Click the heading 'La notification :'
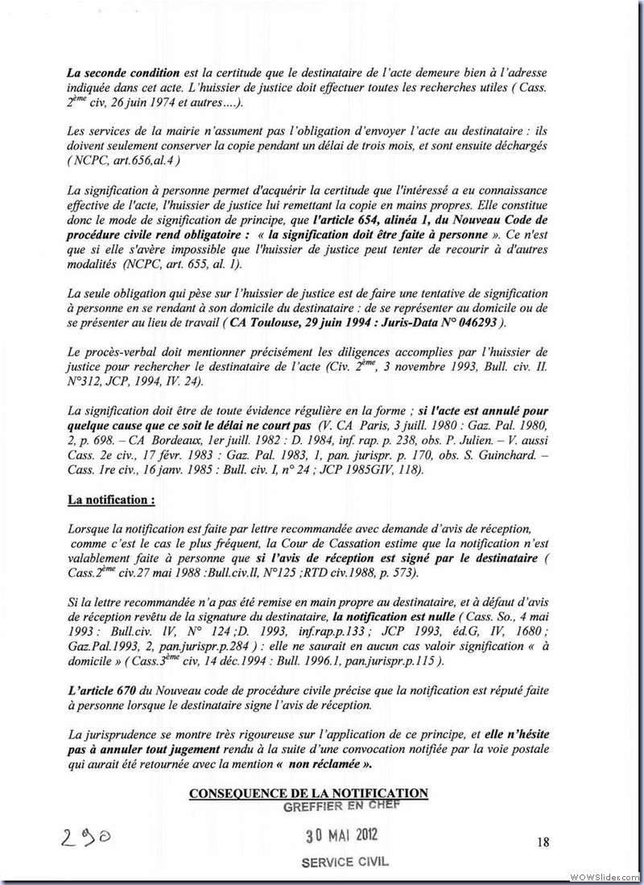[111, 500]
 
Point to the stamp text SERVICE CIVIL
[345, 861]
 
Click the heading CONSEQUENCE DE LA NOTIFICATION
[308, 793]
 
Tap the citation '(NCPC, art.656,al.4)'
[124, 160]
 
